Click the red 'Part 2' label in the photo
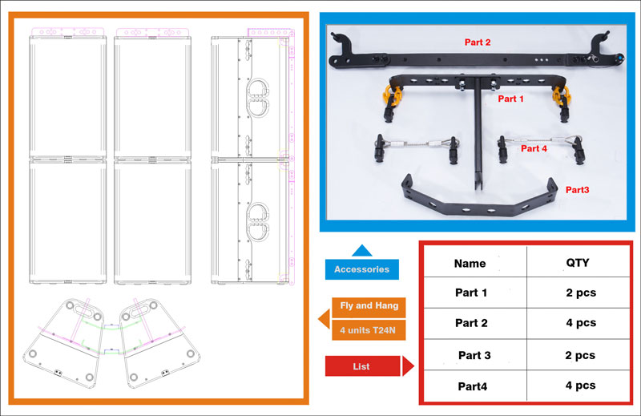(x=478, y=42)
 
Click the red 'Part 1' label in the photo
(x=511, y=99)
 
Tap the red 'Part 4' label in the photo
(x=534, y=148)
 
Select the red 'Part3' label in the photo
(x=578, y=190)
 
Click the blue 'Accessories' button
(x=362, y=269)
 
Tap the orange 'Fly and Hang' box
(x=369, y=306)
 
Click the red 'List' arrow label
(x=362, y=367)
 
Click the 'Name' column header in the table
(x=470, y=263)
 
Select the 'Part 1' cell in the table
(x=471, y=293)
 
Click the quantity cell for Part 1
(x=580, y=293)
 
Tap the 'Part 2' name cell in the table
(x=471, y=323)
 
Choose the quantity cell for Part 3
(x=580, y=354)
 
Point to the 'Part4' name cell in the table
(x=471, y=386)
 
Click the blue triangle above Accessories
(x=362, y=251)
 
